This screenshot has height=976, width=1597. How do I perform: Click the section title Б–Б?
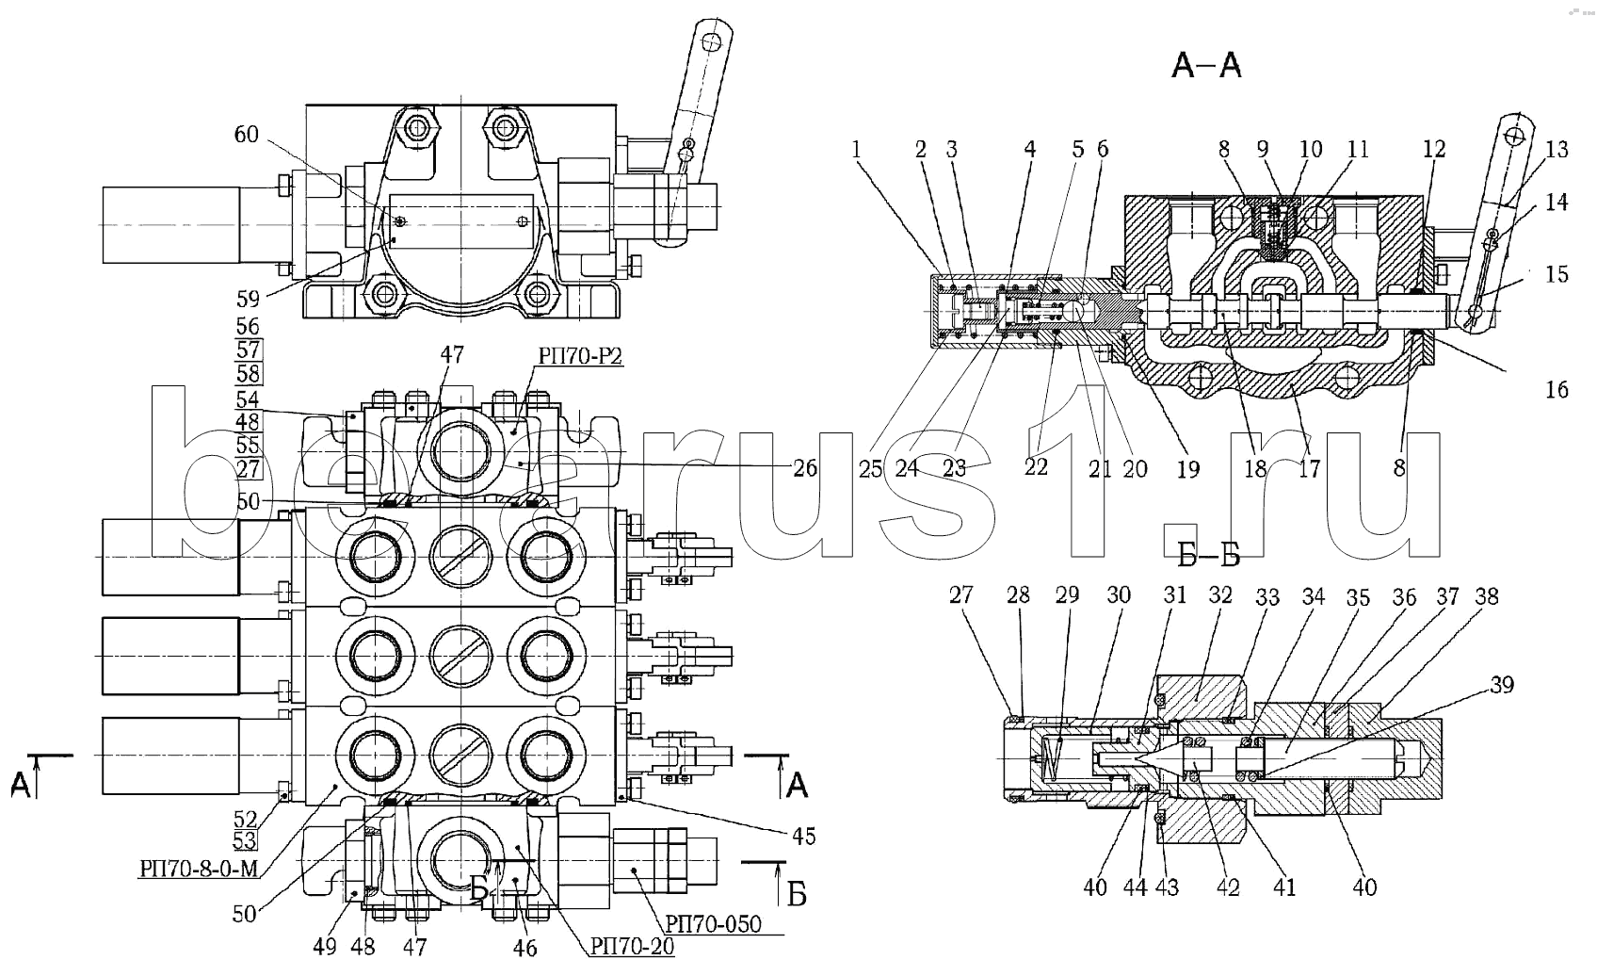(x=1208, y=557)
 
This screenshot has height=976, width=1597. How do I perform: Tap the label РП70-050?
(x=714, y=923)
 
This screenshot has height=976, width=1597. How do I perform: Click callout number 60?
(x=246, y=135)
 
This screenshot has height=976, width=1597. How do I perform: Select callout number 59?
(x=248, y=301)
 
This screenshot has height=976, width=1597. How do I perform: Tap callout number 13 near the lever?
(x=1557, y=150)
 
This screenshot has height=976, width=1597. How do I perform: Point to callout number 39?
(x=1502, y=685)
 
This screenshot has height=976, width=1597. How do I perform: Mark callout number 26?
(x=804, y=467)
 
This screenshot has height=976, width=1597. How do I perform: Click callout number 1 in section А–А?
(x=856, y=149)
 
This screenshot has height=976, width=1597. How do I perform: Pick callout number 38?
(x=1487, y=596)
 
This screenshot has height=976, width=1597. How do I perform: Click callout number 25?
(x=870, y=468)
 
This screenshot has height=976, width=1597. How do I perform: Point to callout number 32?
(x=1220, y=595)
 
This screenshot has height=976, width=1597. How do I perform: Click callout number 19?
(x=1188, y=468)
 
